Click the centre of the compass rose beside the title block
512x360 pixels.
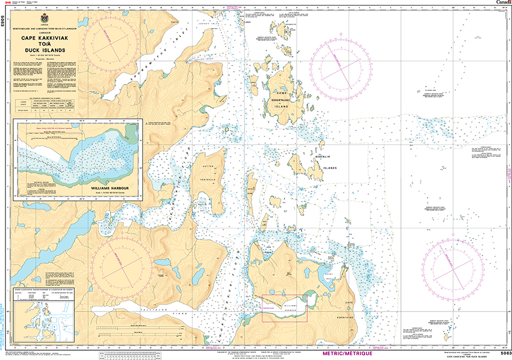click(112, 43)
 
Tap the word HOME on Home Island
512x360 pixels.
click(282, 93)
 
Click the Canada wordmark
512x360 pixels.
click(502, 3)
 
